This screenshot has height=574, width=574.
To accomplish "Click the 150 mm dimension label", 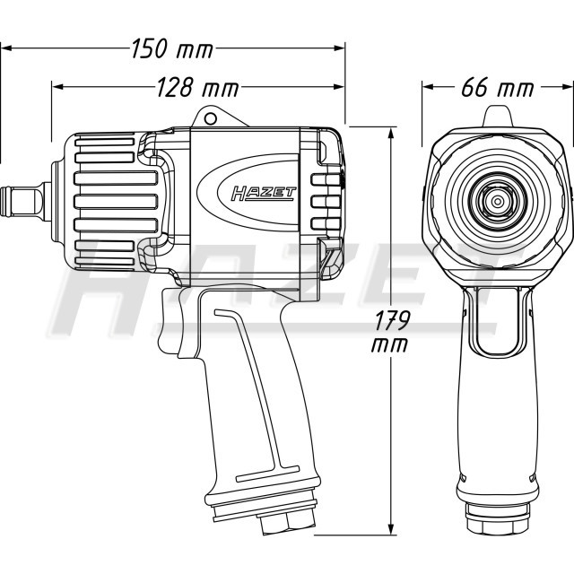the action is pyautogui.click(x=172, y=48).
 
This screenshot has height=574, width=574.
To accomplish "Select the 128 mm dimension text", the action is pyautogui.click(x=197, y=88).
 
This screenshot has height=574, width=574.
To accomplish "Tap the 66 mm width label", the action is pyautogui.click(x=498, y=88).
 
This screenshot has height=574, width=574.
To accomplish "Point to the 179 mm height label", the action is pyautogui.click(x=391, y=331).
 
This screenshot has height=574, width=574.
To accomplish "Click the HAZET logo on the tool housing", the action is pyautogui.click(x=263, y=194).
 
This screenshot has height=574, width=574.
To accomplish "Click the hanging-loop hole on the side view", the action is pyautogui.click(x=210, y=118).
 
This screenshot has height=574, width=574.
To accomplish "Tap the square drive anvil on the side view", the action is pyautogui.click(x=22, y=201).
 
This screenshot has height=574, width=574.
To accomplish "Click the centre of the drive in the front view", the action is pyautogui.click(x=497, y=201).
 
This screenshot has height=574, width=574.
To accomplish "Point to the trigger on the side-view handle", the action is pyautogui.click(x=172, y=322).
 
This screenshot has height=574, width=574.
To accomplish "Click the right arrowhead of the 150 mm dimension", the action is pyautogui.click(x=339, y=48).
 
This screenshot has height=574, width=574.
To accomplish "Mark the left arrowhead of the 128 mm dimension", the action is pyautogui.click(x=57, y=87).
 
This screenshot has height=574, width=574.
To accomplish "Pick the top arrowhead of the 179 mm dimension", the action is pyautogui.click(x=391, y=133).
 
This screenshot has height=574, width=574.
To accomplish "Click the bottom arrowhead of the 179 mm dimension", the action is pyautogui.click(x=391, y=529).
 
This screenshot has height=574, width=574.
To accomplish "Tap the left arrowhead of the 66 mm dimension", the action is pyautogui.click(x=429, y=87).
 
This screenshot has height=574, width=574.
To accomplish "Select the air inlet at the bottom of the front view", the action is pyautogui.click(x=498, y=520).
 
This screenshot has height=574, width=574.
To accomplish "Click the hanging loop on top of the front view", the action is pyautogui.click(x=498, y=117).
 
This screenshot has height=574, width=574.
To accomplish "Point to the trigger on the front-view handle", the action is pyautogui.click(x=498, y=321).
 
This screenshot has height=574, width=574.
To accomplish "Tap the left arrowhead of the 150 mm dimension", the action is pyautogui.click(x=8, y=48).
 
